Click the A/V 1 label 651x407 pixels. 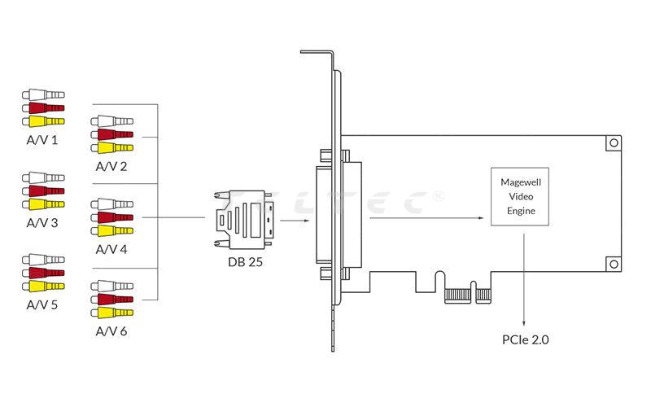[42, 140]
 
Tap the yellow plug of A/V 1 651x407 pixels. [42, 121]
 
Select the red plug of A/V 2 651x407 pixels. [112, 134]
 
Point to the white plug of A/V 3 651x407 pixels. [42, 177]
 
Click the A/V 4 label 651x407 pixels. [111, 249]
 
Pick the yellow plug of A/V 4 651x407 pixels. [112, 230]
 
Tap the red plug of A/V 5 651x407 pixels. [42, 273]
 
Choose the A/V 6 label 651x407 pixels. [111, 331]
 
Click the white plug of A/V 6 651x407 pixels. [112, 286]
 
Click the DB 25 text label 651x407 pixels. [243, 264]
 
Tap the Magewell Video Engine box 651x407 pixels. [522, 197]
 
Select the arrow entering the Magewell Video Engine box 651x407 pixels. [431, 217]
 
